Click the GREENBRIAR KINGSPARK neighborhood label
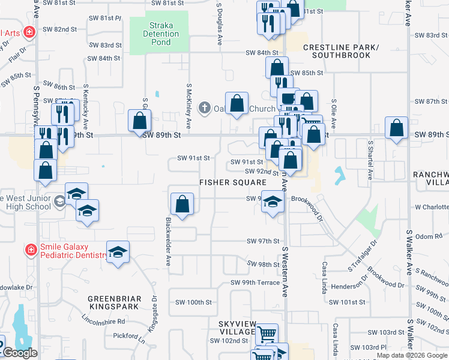point(114,302)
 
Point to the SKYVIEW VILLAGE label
point(237,328)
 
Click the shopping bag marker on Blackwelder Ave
point(182,204)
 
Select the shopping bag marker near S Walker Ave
point(396,128)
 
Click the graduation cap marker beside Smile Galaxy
point(118,252)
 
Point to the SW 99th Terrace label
point(255,283)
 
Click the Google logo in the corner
point(19,353)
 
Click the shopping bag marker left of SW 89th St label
point(139,122)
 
